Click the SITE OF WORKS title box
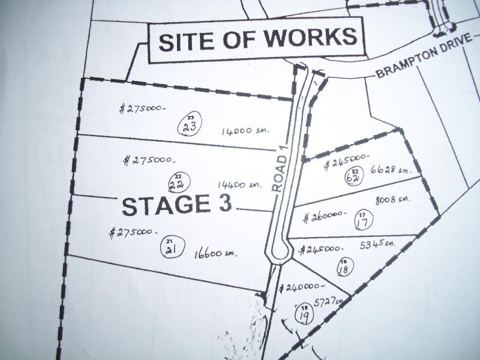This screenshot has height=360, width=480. pos(257,40)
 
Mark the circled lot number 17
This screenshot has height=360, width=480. pos(362,221)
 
